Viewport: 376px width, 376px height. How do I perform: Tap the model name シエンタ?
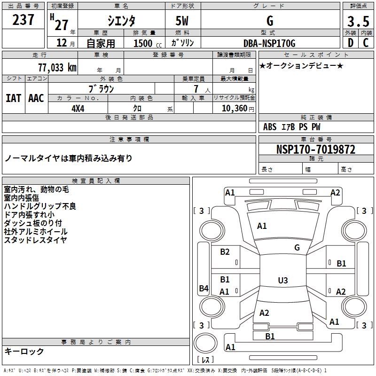pos(121,21)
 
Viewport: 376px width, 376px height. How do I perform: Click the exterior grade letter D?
pos(350,43)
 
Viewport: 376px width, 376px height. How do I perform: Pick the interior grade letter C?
pos(365,43)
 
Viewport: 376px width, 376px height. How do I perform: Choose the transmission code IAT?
pos(13,98)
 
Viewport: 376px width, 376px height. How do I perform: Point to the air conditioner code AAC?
pos(36,98)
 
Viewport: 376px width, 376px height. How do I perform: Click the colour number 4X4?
pos(78,108)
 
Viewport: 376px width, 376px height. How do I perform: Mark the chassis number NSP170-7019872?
pos(315,150)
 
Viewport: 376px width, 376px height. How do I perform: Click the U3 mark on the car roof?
pos(282,281)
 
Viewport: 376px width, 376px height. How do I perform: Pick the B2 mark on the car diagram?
pos(225,252)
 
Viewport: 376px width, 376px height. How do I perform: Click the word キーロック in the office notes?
pos(24,351)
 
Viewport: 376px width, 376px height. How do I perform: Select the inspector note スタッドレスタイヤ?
pos(35,240)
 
